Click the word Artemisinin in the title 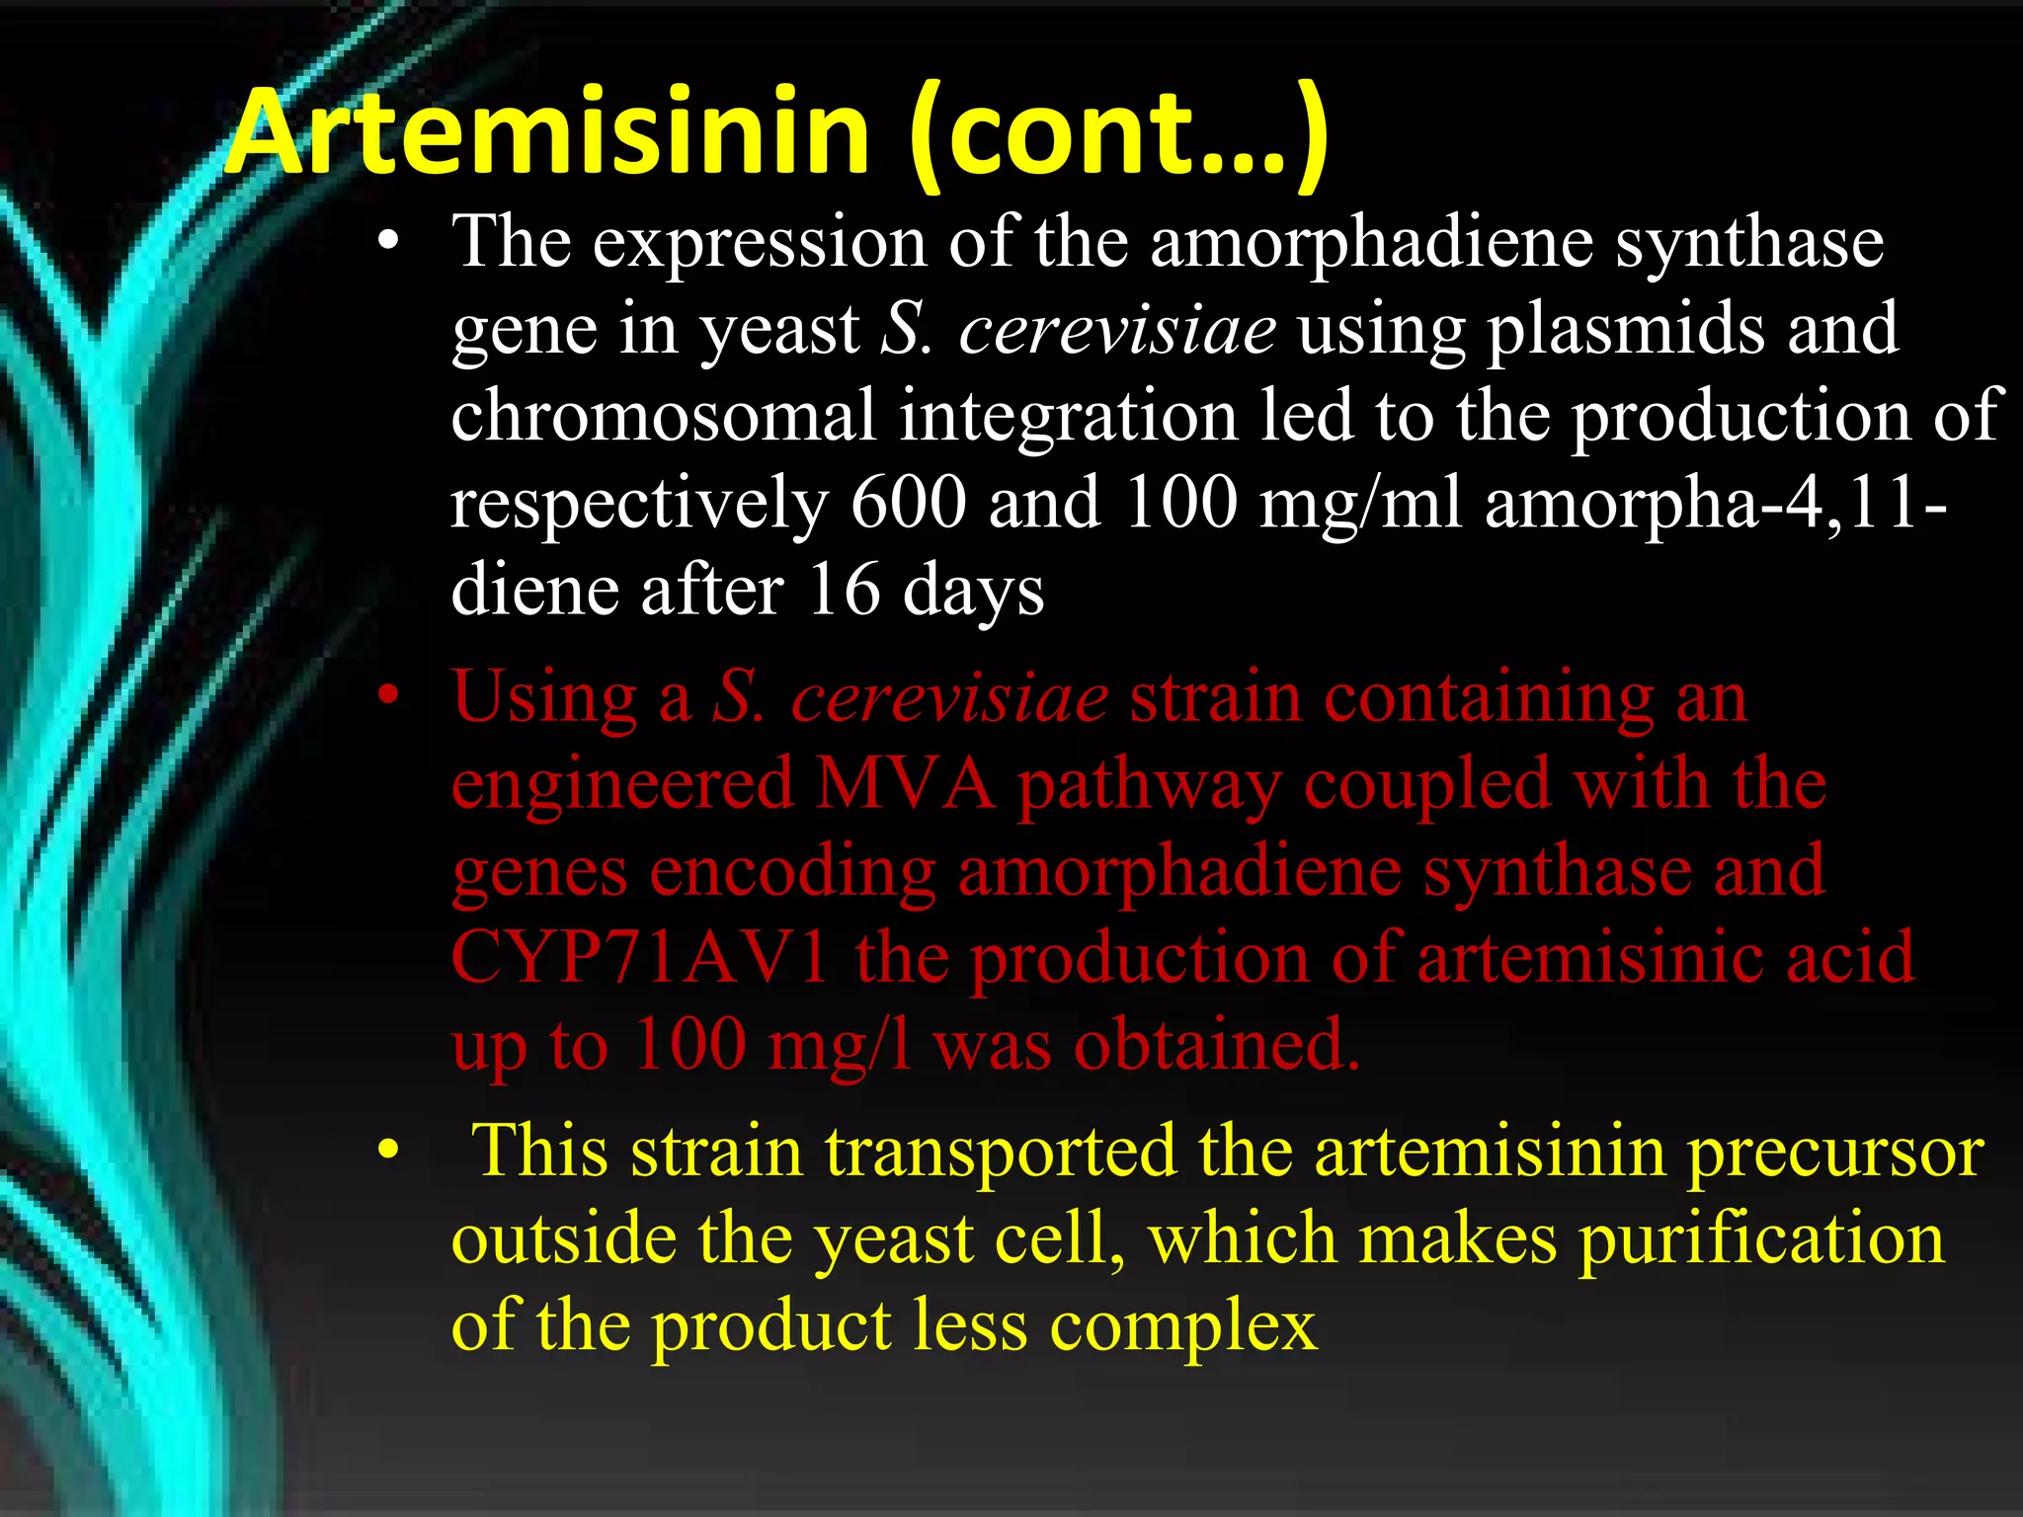[548, 133]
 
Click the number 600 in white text [908, 503]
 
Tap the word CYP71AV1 [639, 958]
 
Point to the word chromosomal [664, 416]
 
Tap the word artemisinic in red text [1591, 958]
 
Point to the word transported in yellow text [1001, 1152]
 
